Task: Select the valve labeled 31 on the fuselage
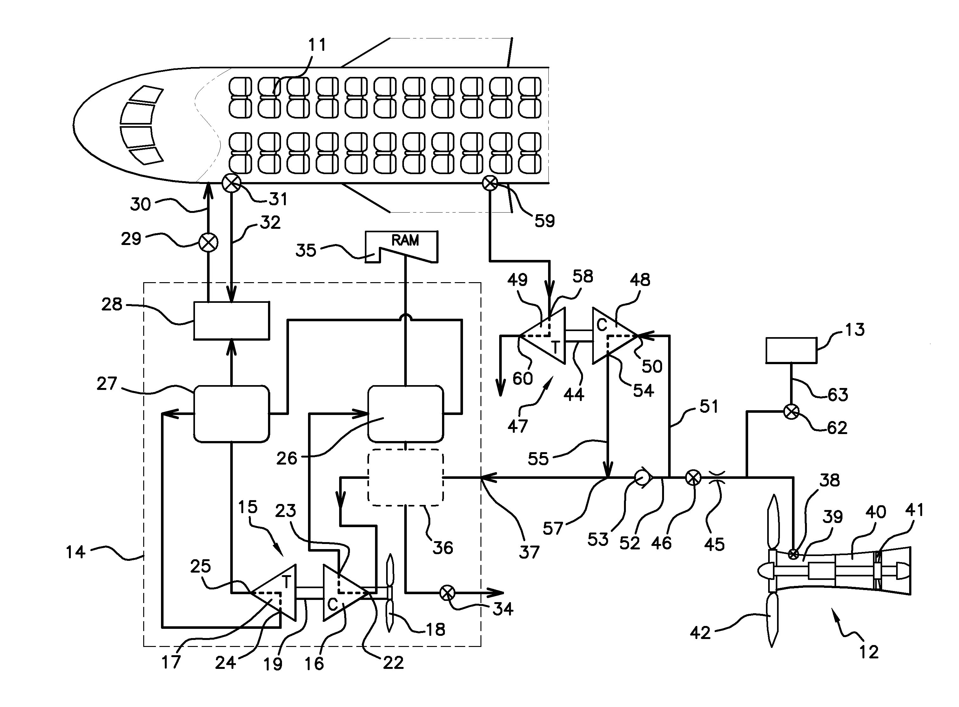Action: [231, 184]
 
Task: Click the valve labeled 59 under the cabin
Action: [490, 184]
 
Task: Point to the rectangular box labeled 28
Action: [231, 321]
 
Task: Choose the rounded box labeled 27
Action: [231, 413]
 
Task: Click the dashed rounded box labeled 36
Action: [406, 477]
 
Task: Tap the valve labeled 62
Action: [791, 412]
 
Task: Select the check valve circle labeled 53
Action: [641, 477]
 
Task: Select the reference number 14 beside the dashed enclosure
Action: [75, 552]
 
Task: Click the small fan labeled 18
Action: [389, 593]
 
